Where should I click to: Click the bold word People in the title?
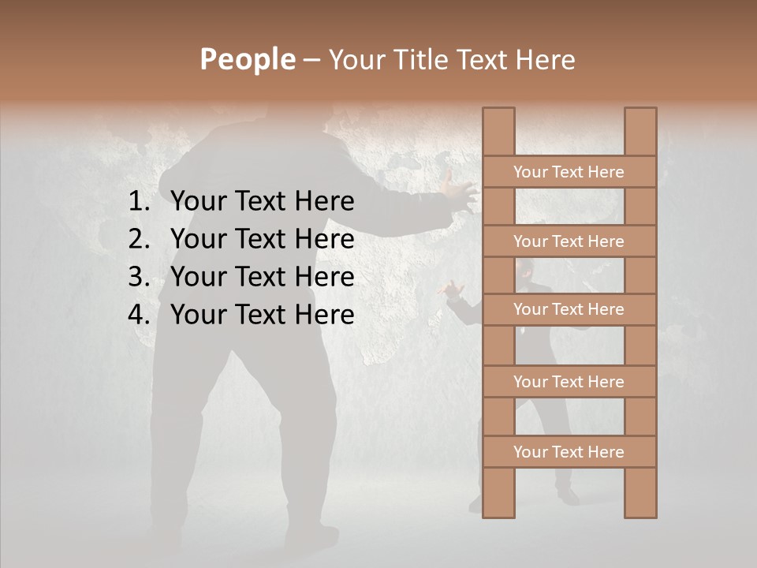pyautogui.click(x=247, y=59)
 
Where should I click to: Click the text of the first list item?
pyautogui.click(x=262, y=202)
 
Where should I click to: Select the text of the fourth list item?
pyautogui.click(x=262, y=315)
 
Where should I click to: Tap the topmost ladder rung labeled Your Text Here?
pyautogui.click(x=569, y=172)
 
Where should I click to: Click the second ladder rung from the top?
pyautogui.click(x=569, y=241)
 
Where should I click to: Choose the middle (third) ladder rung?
pyautogui.click(x=569, y=309)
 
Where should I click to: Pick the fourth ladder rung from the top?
pyautogui.click(x=569, y=382)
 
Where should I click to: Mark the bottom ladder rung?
pyautogui.click(x=569, y=452)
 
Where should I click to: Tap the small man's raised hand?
pyautogui.click(x=453, y=290)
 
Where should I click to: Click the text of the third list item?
pyautogui.click(x=262, y=277)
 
